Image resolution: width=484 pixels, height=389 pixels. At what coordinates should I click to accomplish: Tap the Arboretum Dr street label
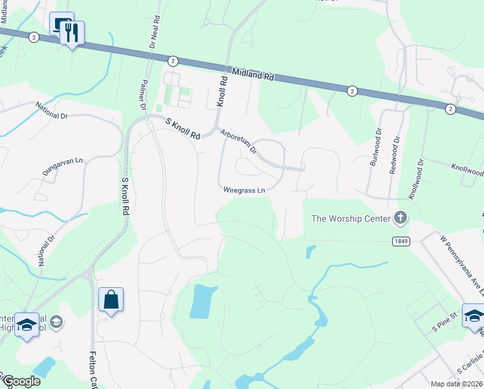tap(239, 141)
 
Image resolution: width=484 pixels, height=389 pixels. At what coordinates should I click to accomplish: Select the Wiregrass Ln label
tap(245, 191)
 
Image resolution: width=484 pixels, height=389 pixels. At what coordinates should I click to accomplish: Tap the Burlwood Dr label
tap(376, 150)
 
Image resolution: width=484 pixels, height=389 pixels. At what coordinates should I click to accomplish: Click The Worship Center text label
tap(351, 218)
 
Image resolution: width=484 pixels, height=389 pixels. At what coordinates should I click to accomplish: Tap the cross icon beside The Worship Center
tap(401, 218)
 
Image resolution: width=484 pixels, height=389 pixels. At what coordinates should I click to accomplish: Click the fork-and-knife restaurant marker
tap(71, 33)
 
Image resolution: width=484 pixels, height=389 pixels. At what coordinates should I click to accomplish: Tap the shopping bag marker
tap(111, 300)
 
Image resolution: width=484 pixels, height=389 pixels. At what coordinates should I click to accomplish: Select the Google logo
tap(21, 381)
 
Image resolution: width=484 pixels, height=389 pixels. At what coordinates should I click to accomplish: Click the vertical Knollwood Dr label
tap(415, 180)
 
